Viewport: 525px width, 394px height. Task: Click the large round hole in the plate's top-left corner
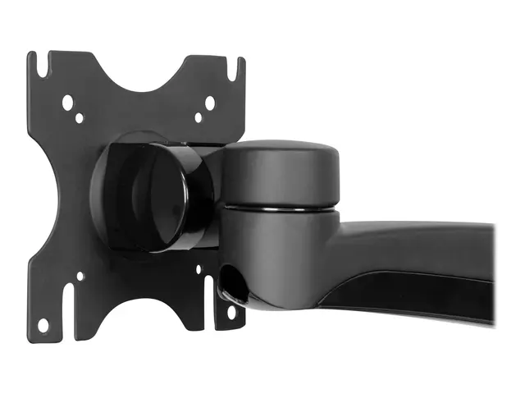(x=68, y=103)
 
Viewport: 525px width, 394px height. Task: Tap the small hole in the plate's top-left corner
(x=79, y=118)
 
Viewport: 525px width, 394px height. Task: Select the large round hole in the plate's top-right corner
(x=209, y=103)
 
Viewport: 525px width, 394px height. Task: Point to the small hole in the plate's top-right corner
(x=199, y=117)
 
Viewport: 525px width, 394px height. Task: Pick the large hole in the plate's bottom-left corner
(x=43, y=325)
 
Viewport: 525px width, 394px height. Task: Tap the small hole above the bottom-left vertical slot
(x=80, y=277)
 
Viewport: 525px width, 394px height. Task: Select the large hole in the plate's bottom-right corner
(x=232, y=312)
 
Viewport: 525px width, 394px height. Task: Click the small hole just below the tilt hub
(x=198, y=269)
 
